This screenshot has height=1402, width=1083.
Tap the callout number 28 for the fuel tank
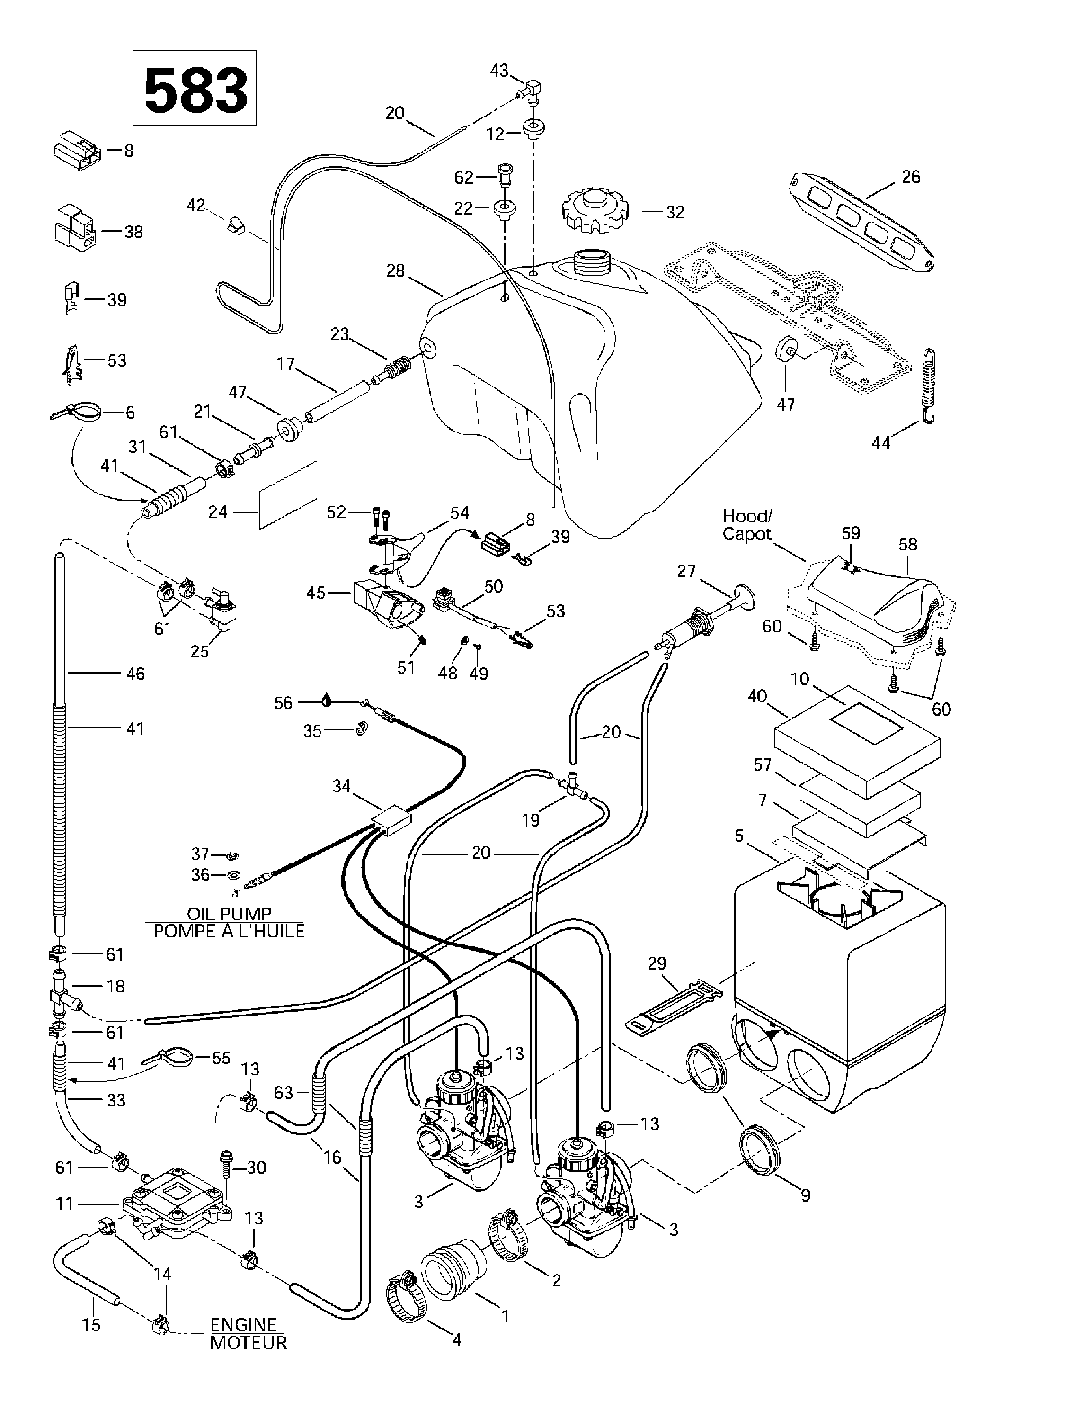click(395, 271)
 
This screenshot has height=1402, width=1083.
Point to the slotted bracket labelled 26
click(860, 220)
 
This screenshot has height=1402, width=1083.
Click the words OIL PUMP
click(229, 914)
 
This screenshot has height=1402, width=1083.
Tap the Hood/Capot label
click(747, 525)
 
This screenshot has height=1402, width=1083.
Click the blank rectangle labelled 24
click(288, 495)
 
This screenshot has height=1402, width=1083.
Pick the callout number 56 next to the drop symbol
click(283, 703)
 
